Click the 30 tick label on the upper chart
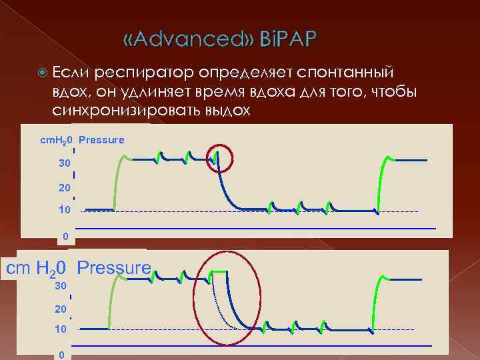[x=64, y=163]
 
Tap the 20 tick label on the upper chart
[x=64, y=188]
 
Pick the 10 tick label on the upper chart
[x=64, y=211]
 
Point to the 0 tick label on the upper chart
[x=65, y=236]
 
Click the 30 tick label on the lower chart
[x=60, y=285]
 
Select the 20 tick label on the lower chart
[x=60, y=309]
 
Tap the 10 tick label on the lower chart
[x=60, y=329]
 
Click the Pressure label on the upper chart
[x=101, y=140]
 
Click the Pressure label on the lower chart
[x=114, y=268]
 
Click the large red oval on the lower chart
[x=227, y=298]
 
